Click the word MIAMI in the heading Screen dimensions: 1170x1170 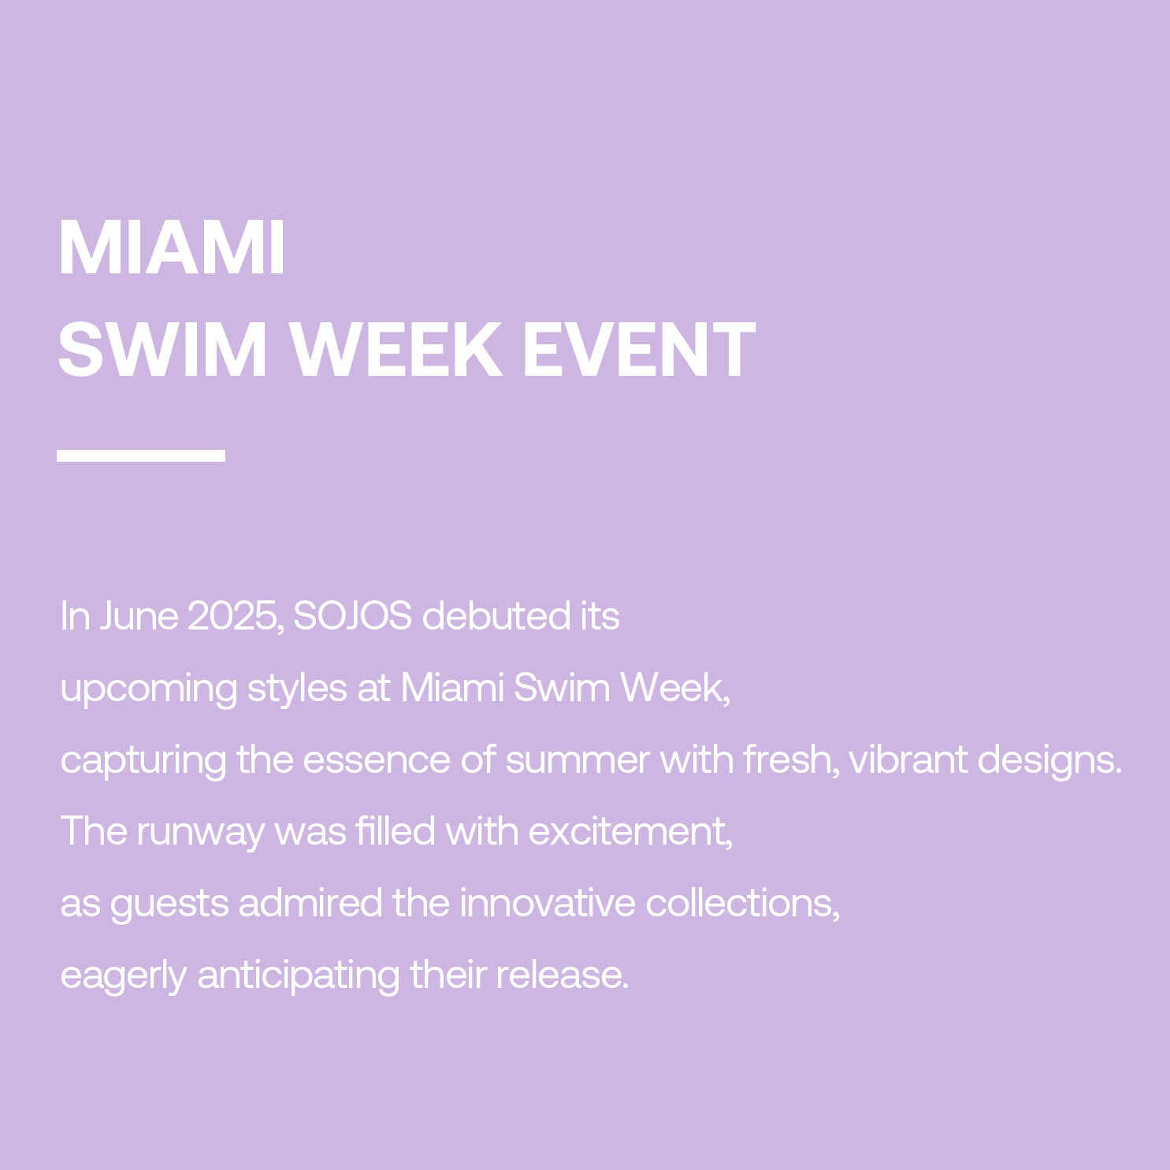tap(172, 248)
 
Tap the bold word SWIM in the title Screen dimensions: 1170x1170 tap(162, 350)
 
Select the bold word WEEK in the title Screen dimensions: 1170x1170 tap(398, 350)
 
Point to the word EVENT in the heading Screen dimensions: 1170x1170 tap(639, 350)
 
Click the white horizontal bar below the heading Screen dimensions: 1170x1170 tap(141, 455)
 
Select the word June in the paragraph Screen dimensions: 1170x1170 tap(139, 616)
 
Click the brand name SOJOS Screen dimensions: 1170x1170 tap(352, 616)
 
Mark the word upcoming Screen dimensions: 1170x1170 tap(148, 689)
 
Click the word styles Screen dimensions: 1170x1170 tap(297, 689)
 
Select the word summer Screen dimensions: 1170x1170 tap(578, 760)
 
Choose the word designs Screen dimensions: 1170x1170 tap(1049, 760)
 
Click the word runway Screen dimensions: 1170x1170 tap(201, 832)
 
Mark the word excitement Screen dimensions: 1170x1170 tap(630, 832)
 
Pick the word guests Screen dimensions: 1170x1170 tap(169, 904)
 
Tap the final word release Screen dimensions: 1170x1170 tap(562, 975)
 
